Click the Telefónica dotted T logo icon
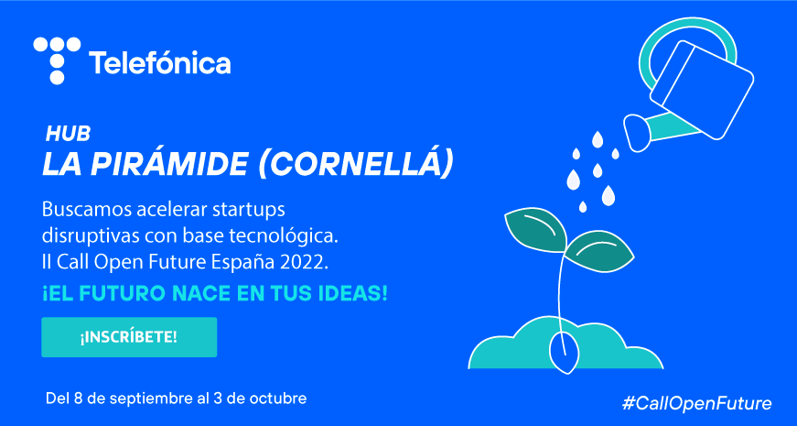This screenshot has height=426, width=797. (57, 60)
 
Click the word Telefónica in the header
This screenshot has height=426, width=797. (159, 63)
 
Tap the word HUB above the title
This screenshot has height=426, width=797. (68, 134)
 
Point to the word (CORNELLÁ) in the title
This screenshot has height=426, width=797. (355, 166)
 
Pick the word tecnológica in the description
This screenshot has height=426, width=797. (287, 237)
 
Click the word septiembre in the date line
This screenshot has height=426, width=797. (153, 399)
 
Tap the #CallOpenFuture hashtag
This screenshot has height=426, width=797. (697, 404)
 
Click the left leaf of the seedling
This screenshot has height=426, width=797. (535, 228)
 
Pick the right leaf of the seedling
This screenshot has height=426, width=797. (599, 250)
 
